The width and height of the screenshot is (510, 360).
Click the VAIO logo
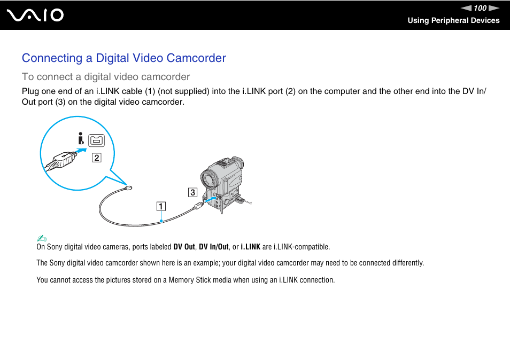[36, 15]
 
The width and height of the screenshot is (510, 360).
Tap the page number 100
[480, 8]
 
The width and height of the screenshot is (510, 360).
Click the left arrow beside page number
[467, 8]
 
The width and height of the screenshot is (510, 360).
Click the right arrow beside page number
[494, 8]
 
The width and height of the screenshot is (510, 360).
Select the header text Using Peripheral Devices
[453, 20]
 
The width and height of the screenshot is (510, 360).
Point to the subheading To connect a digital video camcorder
[106, 76]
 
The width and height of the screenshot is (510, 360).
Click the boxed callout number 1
[161, 206]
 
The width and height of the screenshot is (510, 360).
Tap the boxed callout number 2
[96, 157]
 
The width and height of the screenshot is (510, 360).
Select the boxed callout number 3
[192, 192]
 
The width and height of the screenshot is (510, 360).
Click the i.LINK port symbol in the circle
[97, 140]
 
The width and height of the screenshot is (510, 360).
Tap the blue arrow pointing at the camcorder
[212, 200]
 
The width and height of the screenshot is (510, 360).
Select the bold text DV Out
[184, 247]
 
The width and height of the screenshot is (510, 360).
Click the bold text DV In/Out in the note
[214, 247]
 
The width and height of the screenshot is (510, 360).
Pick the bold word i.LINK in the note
[250, 247]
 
